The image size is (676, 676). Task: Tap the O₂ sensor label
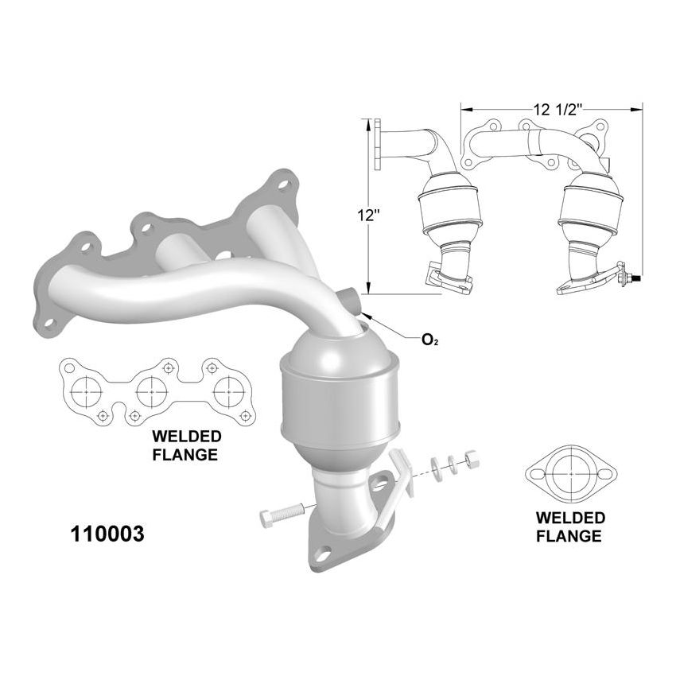[430, 340]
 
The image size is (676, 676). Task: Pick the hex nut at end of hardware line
[469, 457]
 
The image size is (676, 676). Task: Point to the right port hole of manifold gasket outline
[229, 390]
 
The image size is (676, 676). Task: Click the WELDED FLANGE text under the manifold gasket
[187, 446]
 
